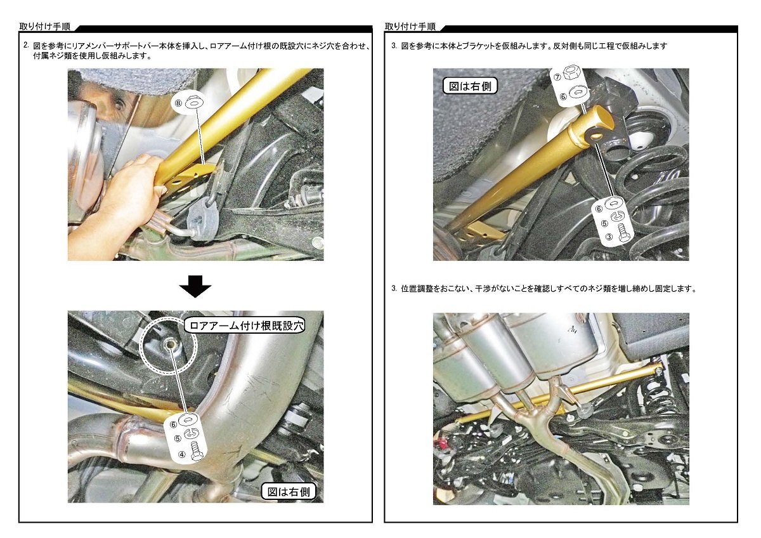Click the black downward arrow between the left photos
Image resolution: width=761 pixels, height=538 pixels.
[x=195, y=286]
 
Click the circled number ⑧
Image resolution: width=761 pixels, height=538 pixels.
[x=179, y=103]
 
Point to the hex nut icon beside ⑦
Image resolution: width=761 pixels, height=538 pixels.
[x=573, y=74]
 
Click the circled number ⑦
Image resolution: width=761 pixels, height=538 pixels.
[x=557, y=77]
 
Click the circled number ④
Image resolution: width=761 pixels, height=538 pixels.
[x=182, y=454]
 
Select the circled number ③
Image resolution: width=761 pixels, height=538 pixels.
[x=609, y=237]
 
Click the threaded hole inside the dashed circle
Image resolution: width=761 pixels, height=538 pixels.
[x=169, y=344]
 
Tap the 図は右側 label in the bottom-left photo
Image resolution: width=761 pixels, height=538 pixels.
[x=289, y=492]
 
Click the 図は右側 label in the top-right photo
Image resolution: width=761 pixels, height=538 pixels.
[x=470, y=86]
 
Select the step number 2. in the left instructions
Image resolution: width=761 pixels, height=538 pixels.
[x=26, y=45]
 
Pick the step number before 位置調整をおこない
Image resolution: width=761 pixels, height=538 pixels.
[x=394, y=289]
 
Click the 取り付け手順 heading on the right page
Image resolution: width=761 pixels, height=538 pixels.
[x=410, y=27]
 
